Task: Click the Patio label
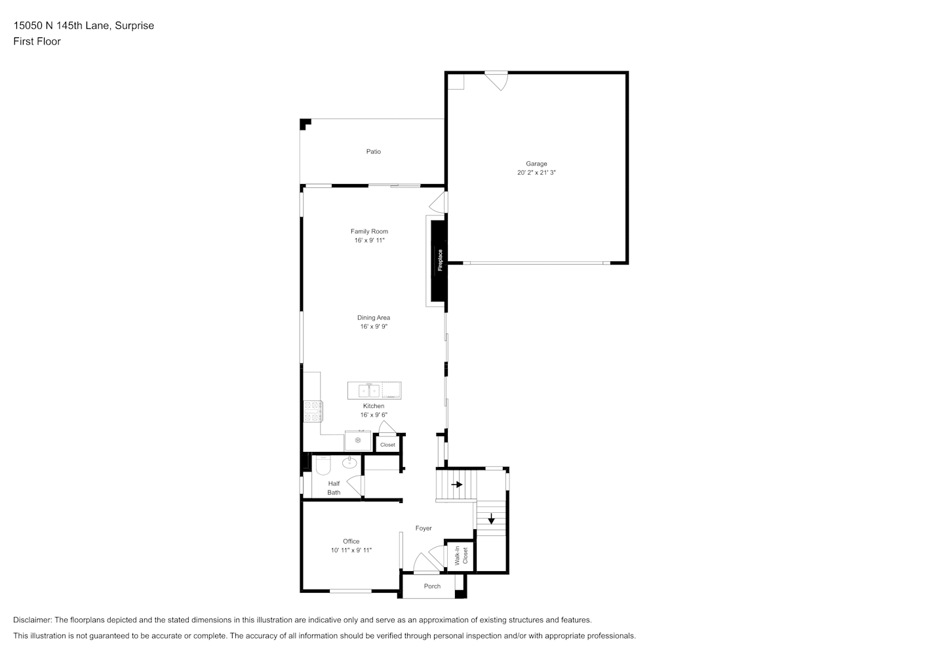click(373, 152)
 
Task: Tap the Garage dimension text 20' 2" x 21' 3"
click(536, 172)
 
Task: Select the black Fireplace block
click(439, 261)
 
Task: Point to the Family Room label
click(369, 231)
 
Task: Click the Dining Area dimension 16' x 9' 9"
click(374, 327)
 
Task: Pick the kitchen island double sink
click(368, 390)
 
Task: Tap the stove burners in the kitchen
click(313, 411)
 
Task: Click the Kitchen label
click(374, 406)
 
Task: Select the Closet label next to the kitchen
click(387, 445)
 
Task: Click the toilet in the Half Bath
click(323, 465)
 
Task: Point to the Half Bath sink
click(349, 462)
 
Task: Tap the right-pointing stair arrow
click(457, 484)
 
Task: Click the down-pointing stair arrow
click(491, 519)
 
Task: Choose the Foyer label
click(424, 528)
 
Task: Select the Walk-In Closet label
click(461, 555)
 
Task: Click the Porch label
click(432, 586)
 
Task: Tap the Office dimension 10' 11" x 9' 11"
click(351, 550)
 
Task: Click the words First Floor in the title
click(37, 41)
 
